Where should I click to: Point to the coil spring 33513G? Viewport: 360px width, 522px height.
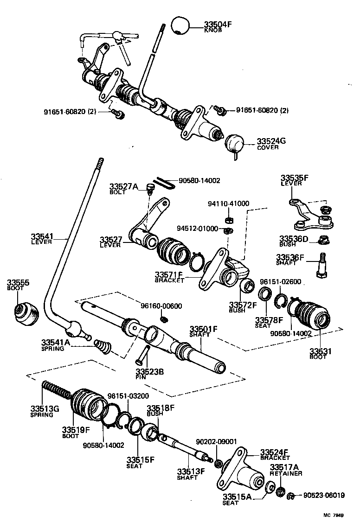(55, 390)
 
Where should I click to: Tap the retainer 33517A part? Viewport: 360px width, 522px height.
(280, 491)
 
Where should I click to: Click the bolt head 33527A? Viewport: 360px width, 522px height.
(149, 188)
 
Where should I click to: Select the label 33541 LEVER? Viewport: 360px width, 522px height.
(43, 239)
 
